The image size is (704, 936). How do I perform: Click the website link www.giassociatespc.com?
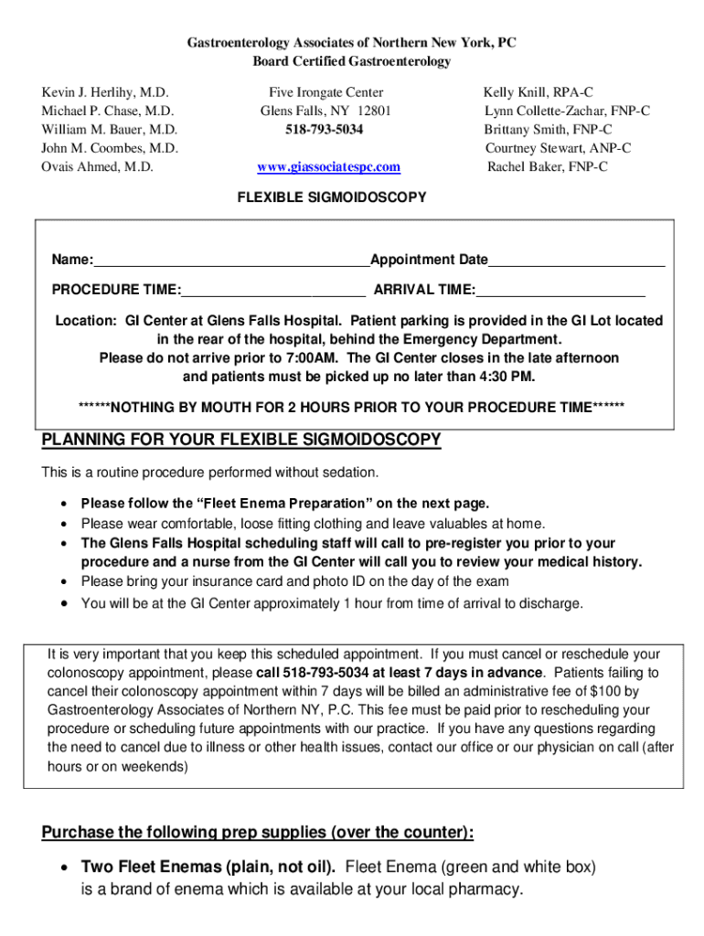[x=328, y=167]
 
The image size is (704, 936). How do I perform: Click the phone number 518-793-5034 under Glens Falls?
[x=325, y=130]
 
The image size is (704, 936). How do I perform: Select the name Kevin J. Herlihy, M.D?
[x=106, y=93]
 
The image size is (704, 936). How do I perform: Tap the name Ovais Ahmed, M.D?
[x=97, y=167]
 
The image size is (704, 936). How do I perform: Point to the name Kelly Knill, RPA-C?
[x=539, y=93]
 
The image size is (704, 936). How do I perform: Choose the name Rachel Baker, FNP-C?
[x=547, y=167]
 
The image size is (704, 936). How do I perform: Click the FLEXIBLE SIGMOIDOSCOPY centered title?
[x=332, y=197]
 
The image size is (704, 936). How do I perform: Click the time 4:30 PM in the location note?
[x=508, y=377]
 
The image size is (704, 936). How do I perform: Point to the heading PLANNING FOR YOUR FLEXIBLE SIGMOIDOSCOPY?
[x=241, y=441]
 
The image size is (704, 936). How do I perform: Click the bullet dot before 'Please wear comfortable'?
[x=63, y=525]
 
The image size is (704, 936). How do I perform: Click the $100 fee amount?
[x=608, y=691]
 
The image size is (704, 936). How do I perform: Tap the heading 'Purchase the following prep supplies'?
[x=258, y=833]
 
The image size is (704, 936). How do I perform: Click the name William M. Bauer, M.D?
[x=110, y=130]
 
